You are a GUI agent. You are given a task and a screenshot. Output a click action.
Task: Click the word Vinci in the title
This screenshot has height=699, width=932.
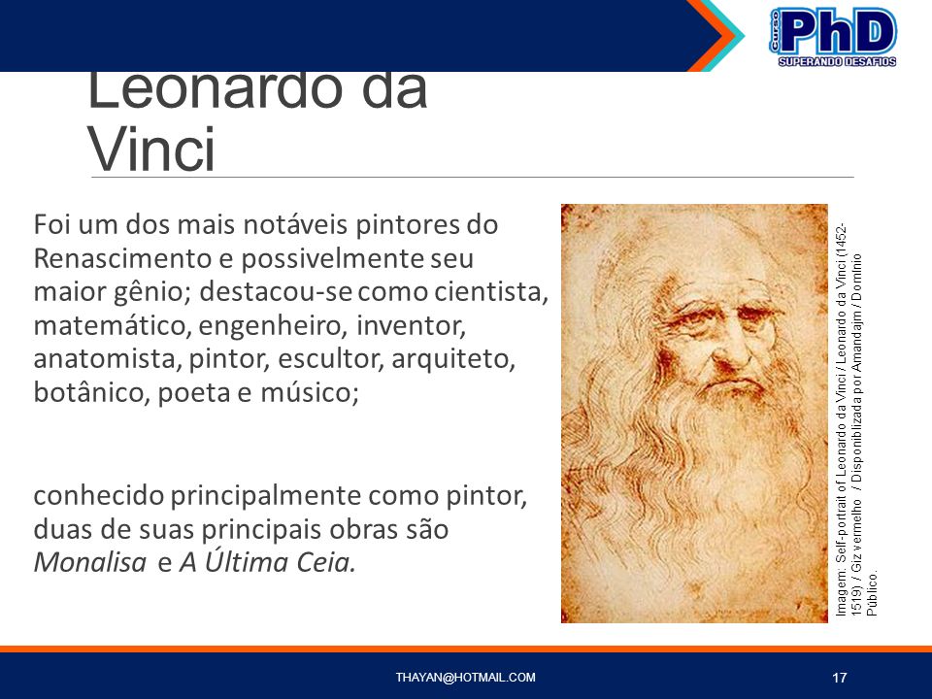coord(151,149)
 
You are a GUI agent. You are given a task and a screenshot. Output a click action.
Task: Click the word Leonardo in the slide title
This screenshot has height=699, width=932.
coord(215,89)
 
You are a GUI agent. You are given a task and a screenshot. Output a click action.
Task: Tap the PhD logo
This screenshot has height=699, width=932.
coord(833,37)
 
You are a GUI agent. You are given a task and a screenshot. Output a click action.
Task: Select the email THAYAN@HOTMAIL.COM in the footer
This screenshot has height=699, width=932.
coord(465,677)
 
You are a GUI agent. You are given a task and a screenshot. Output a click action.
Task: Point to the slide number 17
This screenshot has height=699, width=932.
coord(839,678)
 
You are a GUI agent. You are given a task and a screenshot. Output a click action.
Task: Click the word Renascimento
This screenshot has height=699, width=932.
coord(122,258)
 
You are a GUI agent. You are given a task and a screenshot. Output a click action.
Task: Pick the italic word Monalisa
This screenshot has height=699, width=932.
coord(89,562)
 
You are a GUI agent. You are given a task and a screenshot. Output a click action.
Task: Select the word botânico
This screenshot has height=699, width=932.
coord(91,392)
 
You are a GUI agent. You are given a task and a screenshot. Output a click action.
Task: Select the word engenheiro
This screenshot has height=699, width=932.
coord(273,326)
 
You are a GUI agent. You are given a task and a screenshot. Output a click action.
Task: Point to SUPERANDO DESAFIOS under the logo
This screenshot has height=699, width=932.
coord(837,62)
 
